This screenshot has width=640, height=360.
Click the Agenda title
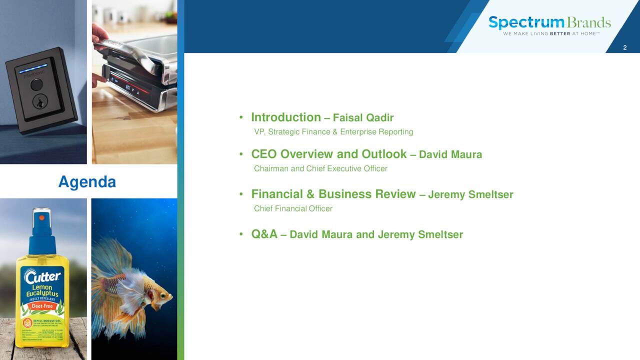[x=87, y=181]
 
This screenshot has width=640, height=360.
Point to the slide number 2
[x=624, y=47]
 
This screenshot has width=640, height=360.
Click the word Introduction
[x=285, y=117]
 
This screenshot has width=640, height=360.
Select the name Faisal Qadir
[x=363, y=118]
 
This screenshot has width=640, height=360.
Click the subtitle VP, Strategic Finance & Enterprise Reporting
[x=333, y=132]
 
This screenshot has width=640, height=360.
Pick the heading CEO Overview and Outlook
[x=328, y=154]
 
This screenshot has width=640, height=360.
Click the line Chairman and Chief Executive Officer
[x=320, y=168]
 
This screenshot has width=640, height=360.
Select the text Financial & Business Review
[x=333, y=194]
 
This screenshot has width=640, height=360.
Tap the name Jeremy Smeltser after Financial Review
[x=470, y=194]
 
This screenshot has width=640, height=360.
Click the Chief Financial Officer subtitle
[x=293, y=208]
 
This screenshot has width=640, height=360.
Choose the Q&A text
[x=264, y=234]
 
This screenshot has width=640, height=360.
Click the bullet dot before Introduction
[x=241, y=118]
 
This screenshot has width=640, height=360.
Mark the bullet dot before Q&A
[x=241, y=234]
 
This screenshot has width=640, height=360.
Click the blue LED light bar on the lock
[x=33, y=68]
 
